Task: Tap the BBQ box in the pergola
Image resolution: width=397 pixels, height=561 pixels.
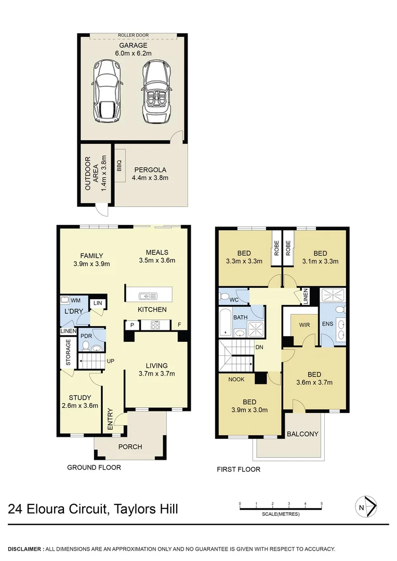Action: [119, 166]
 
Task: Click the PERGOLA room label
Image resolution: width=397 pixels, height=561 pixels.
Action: [150, 169]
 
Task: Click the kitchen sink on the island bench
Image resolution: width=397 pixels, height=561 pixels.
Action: [148, 296]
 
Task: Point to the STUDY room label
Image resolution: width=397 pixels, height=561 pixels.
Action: [80, 398]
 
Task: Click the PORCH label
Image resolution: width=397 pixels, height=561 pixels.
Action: [130, 447]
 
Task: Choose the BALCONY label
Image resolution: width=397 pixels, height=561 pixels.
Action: [302, 434]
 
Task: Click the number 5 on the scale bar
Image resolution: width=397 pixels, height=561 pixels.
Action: [322, 503]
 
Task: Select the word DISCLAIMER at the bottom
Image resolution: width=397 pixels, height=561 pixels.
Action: [25, 549]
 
